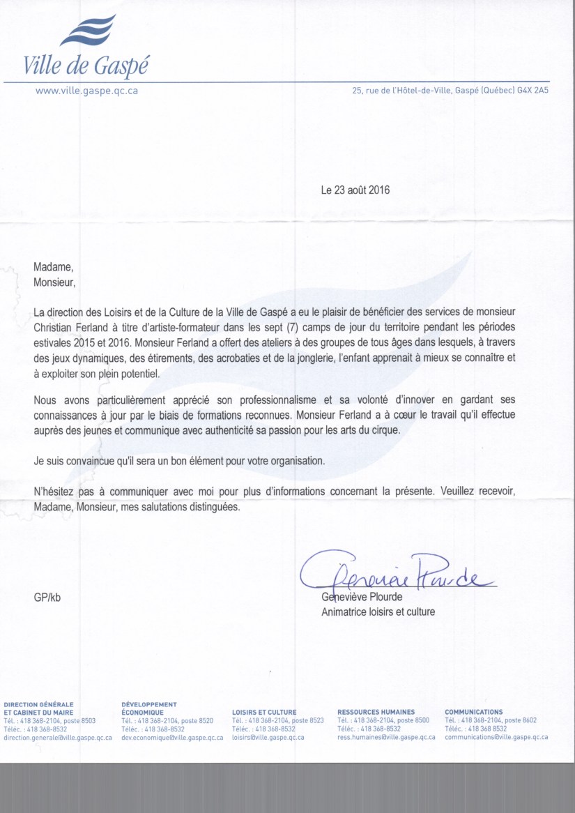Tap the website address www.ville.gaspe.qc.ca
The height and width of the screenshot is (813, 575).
pyautogui.click(x=86, y=91)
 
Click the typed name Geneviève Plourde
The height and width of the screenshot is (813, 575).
pyautogui.click(x=362, y=598)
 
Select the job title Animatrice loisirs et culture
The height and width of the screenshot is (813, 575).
pyautogui.click(x=378, y=612)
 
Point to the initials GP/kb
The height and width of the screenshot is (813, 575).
pyautogui.click(x=47, y=598)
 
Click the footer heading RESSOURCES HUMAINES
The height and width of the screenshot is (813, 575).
pyautogui.click(x=376, y=712)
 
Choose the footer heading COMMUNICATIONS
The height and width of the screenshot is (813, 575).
pyautogui.click(x=473, y=712)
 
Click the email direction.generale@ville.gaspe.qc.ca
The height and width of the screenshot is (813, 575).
pyautogui.click(x=58, y=737)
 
